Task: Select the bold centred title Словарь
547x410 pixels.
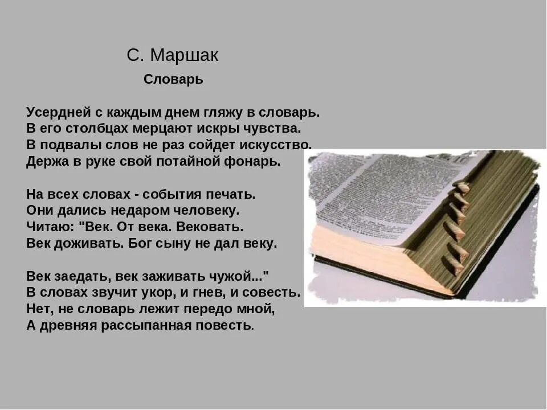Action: click(173, 80)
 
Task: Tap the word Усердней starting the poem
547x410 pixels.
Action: click(55, 112)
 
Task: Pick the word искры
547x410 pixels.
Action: click(225, 129)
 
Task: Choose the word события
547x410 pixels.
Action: click(169, 194)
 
